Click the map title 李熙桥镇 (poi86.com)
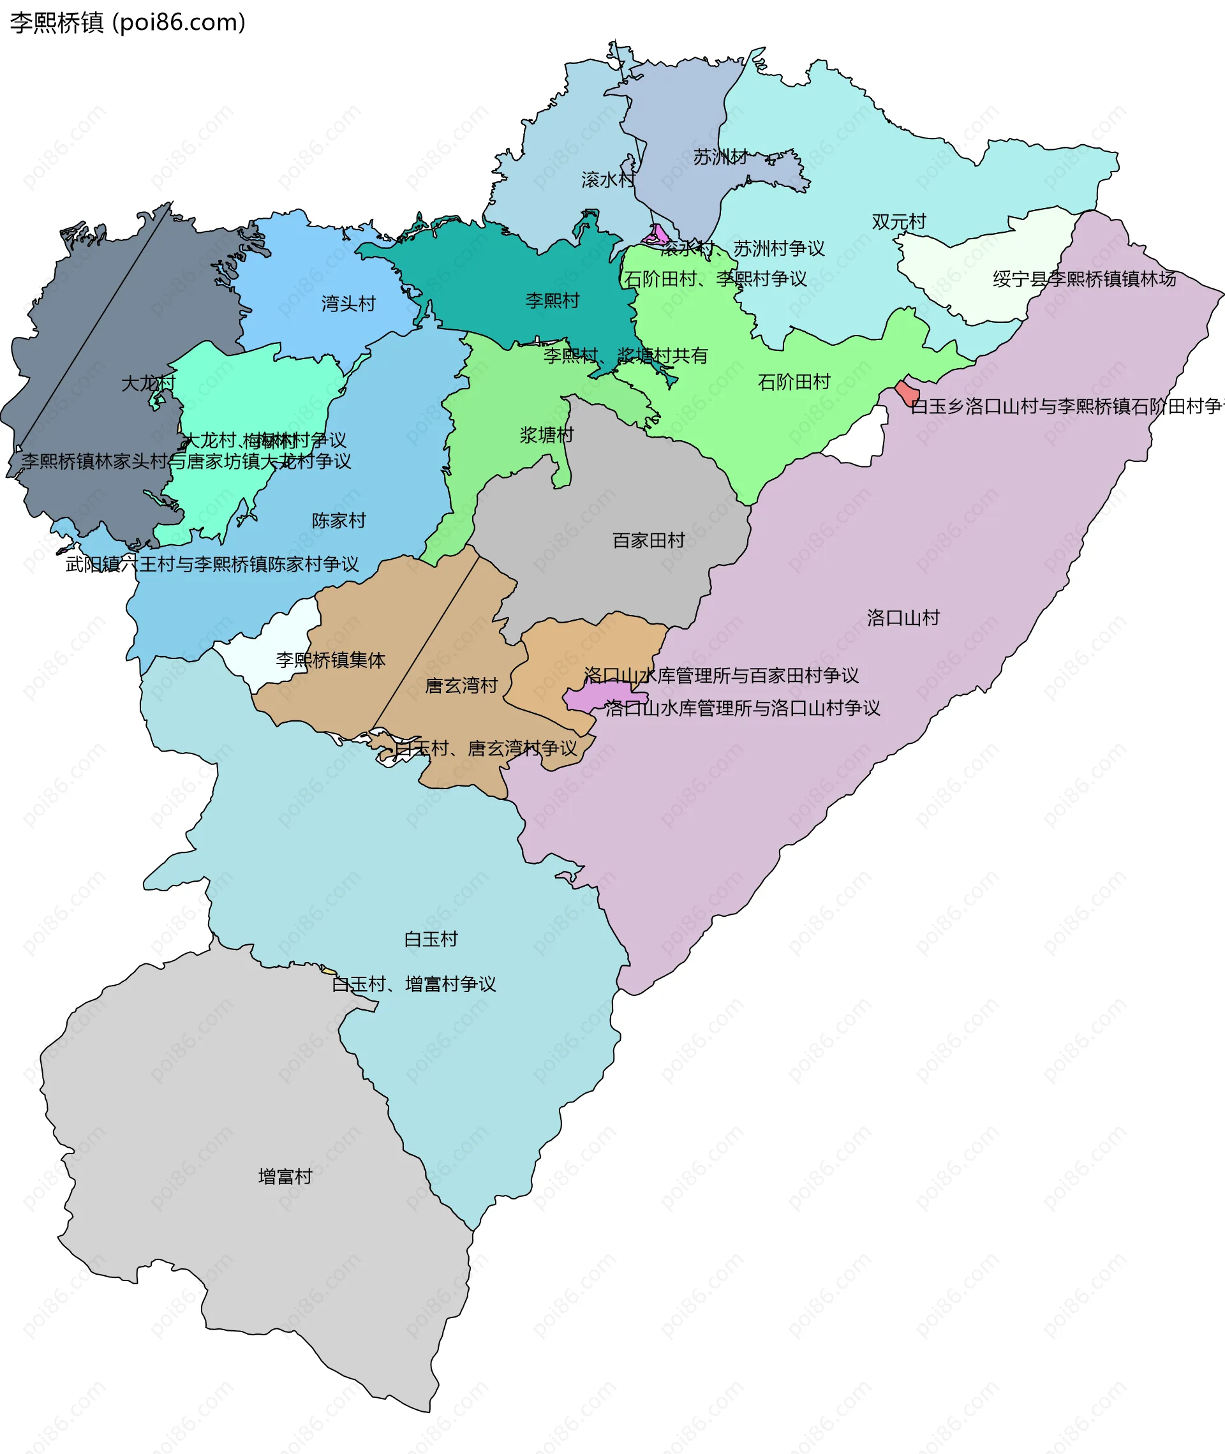click(x=128, y=22)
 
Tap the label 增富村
click(x=285, y=1176)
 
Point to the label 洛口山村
click(x=902, y=618)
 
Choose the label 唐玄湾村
click(x=461, y=685)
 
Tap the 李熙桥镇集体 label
click(x=330, y=660)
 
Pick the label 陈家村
click(x=338, y=520)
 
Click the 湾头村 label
click(x=348, y=304)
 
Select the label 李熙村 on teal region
click(x=552, y=300)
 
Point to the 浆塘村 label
click(x=547, y=435)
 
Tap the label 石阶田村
click(x=793, y=382)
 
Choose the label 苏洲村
click(x=720, y=157)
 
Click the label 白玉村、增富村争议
click(x=414, y=984)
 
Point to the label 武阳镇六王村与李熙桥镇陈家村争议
click(x=212, y=564)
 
